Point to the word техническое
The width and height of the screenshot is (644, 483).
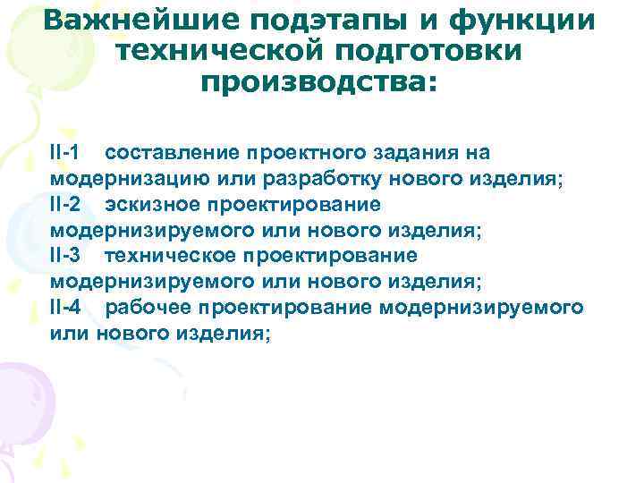click(x=170, y=256)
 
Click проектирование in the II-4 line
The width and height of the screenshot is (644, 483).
click(x=285, y=308)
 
